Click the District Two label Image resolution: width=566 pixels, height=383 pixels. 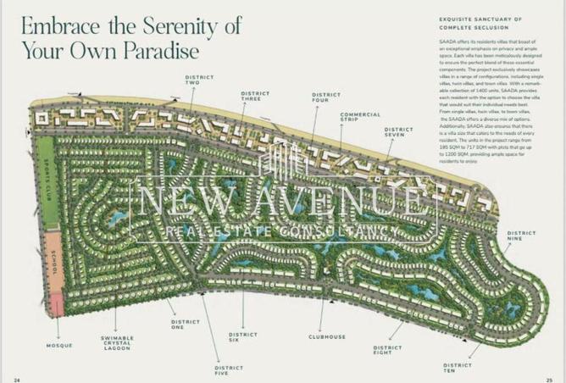click(193, 80)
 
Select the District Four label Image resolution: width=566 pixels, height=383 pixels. click(326, 97)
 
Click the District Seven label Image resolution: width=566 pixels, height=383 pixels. click(399, 132)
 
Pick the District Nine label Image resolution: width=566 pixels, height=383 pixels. click(521, 236)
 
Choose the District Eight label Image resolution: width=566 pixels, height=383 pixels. click(387, 349)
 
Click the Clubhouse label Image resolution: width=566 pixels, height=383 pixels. click(326, 336)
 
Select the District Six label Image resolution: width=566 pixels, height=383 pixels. click(243, 336)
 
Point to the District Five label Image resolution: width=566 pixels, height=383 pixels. click(228, 370)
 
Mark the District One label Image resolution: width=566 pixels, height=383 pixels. click(185, 325)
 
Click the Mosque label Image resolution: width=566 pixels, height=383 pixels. click(60, 345)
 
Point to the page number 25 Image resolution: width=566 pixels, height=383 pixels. click(549, 379)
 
